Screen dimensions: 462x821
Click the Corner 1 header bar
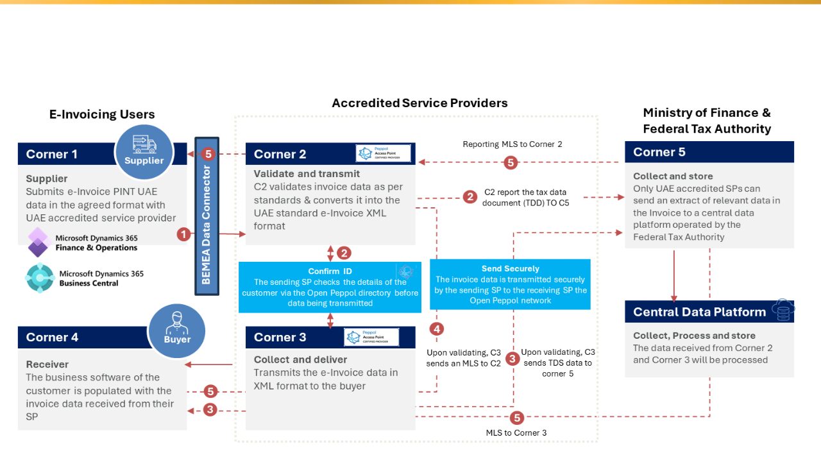(x=64, y=154)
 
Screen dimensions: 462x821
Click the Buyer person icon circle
(x=176, y=332)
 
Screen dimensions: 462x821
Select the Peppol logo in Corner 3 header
(x=371, y=337)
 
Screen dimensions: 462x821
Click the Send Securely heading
(x=510, y=268)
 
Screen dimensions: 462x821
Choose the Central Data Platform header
(x=699, y=312)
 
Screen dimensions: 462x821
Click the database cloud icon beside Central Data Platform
(x=783, y=311)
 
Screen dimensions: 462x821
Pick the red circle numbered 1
(x=185, y=234)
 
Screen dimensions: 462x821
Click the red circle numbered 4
(x=437, y=329)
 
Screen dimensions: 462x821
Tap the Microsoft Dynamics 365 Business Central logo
(x=40, y=278)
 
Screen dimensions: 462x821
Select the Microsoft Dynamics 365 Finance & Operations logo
(x=38, y=242)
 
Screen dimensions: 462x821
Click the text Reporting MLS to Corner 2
(x=512, y=144)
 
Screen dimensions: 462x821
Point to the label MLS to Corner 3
(x=516, y=433)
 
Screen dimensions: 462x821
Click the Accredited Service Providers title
(x=419, y=103)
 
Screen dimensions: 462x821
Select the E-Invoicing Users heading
(x=102, y=115)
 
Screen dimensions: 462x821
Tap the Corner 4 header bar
(x=64, y=338)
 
